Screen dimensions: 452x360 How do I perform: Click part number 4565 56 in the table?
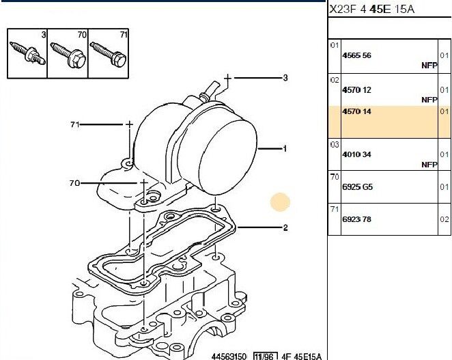[356, 55]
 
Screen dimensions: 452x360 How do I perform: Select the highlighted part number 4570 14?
[356, 111]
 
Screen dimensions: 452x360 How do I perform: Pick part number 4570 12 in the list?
[356, 90]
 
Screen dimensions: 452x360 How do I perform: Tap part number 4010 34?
[356, 154]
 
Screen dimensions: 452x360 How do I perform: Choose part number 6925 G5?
[358, 187]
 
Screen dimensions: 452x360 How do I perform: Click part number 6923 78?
[356, 219]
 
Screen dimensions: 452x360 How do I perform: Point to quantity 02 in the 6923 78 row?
[444, 219]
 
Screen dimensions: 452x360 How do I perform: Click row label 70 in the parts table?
[335, 177]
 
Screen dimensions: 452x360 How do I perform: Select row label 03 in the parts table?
[335, 145]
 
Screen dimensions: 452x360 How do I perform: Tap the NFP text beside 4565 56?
[429, 66]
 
